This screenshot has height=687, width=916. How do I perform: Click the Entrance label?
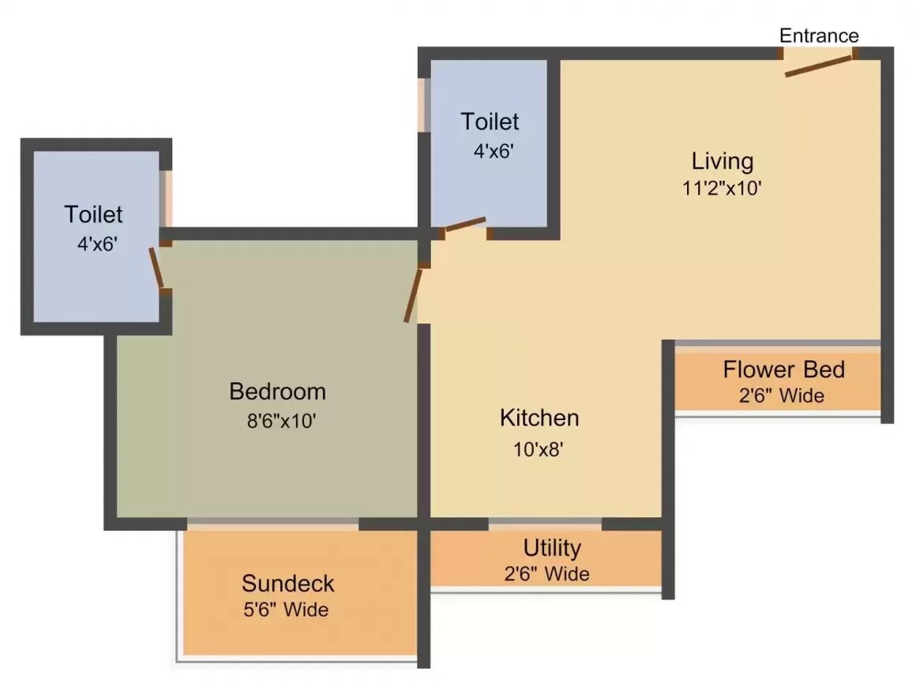click(819, 36)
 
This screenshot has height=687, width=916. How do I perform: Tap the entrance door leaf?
click(818, 66)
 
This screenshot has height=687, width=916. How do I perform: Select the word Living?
click(723, 161)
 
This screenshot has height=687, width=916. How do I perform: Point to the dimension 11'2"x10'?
click(723, 189)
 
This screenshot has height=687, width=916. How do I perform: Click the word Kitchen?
click(539, 417)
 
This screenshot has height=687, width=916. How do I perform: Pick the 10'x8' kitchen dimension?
click(539, 449)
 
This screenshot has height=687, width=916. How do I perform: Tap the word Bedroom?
click(277, 391)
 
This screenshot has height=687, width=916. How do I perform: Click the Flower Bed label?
click(783, 369)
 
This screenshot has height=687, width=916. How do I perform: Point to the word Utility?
click(552, 547)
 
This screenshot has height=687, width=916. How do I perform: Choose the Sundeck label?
click(287, 584)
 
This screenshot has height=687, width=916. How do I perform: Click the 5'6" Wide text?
click(285, 610)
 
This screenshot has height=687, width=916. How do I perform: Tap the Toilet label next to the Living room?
click(490, 122)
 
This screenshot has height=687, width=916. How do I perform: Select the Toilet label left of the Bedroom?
click(94, 214)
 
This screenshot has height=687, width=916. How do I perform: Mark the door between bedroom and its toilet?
click(157, 267)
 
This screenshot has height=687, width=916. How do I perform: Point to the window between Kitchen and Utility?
click(545, 522)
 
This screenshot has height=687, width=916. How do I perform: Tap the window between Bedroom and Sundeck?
click(272, 523)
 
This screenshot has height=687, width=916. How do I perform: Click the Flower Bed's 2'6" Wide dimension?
click(781, 395)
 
